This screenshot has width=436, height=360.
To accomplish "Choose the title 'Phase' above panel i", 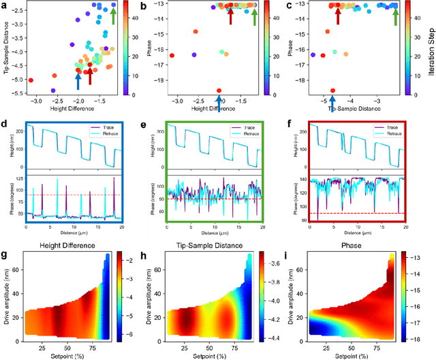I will pyautogui.click(x=354, y=244).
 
